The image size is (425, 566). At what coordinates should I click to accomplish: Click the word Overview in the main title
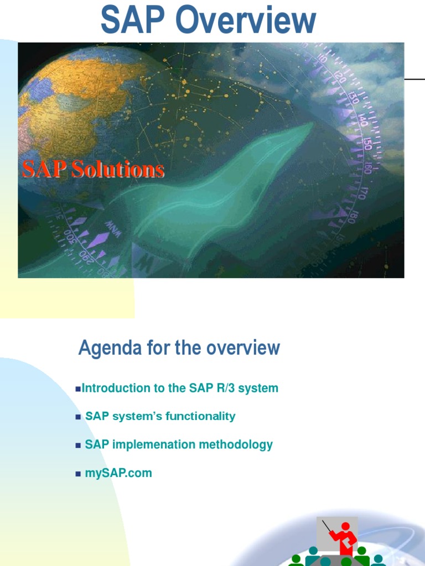(x=246, y=19)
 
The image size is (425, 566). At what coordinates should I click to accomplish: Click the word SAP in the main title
(x=133, y=19)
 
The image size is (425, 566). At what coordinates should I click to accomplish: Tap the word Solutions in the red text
(x=118, y=169)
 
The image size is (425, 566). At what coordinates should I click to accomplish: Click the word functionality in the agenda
(x=200, y=416)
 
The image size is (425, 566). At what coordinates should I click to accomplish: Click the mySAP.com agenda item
(x=118, y=473)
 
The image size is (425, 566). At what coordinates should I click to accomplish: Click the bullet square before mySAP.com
(x=78, y=474)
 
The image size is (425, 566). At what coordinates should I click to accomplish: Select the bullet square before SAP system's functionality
(x=78, y=417)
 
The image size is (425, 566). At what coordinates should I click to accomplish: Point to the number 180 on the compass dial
(x=351, y=217)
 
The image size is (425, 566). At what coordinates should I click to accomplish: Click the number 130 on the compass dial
(x=353, y=97)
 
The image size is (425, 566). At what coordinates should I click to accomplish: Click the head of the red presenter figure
(x=345, y=527)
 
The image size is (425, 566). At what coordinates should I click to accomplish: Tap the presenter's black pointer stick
(x=327, y=527)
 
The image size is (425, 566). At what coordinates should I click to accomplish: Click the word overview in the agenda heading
(x=243, y=348)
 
